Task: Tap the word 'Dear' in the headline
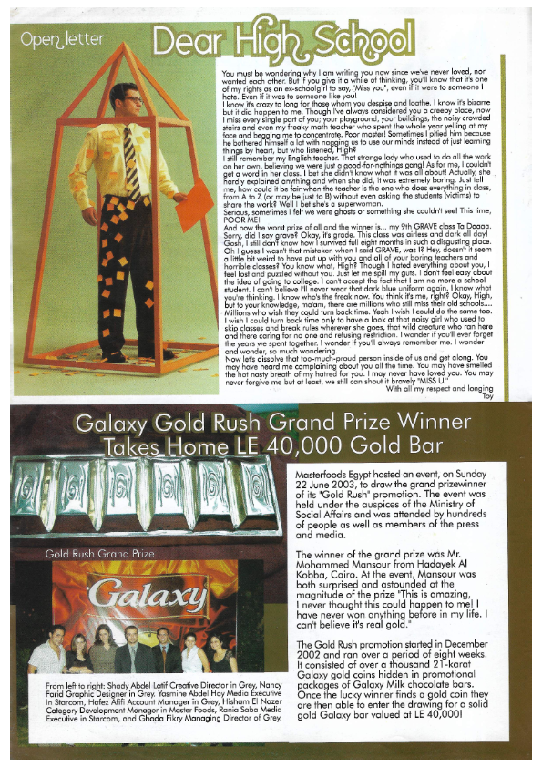[x=185, y=40]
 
